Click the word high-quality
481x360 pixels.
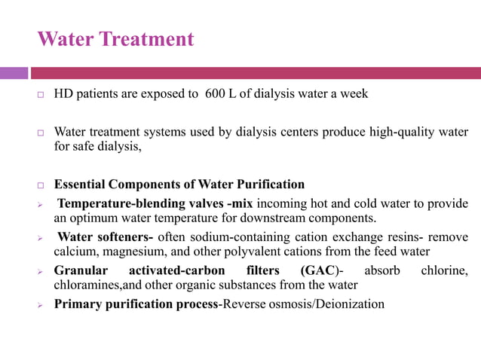pyautogui.click(x=406, y=133)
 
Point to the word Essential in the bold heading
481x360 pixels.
pyautogui.click(x=80, y=184)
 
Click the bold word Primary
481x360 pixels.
pyautogui.click(x=78, y=304)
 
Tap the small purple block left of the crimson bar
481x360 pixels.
pyautogui.click(x=14, y=73)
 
